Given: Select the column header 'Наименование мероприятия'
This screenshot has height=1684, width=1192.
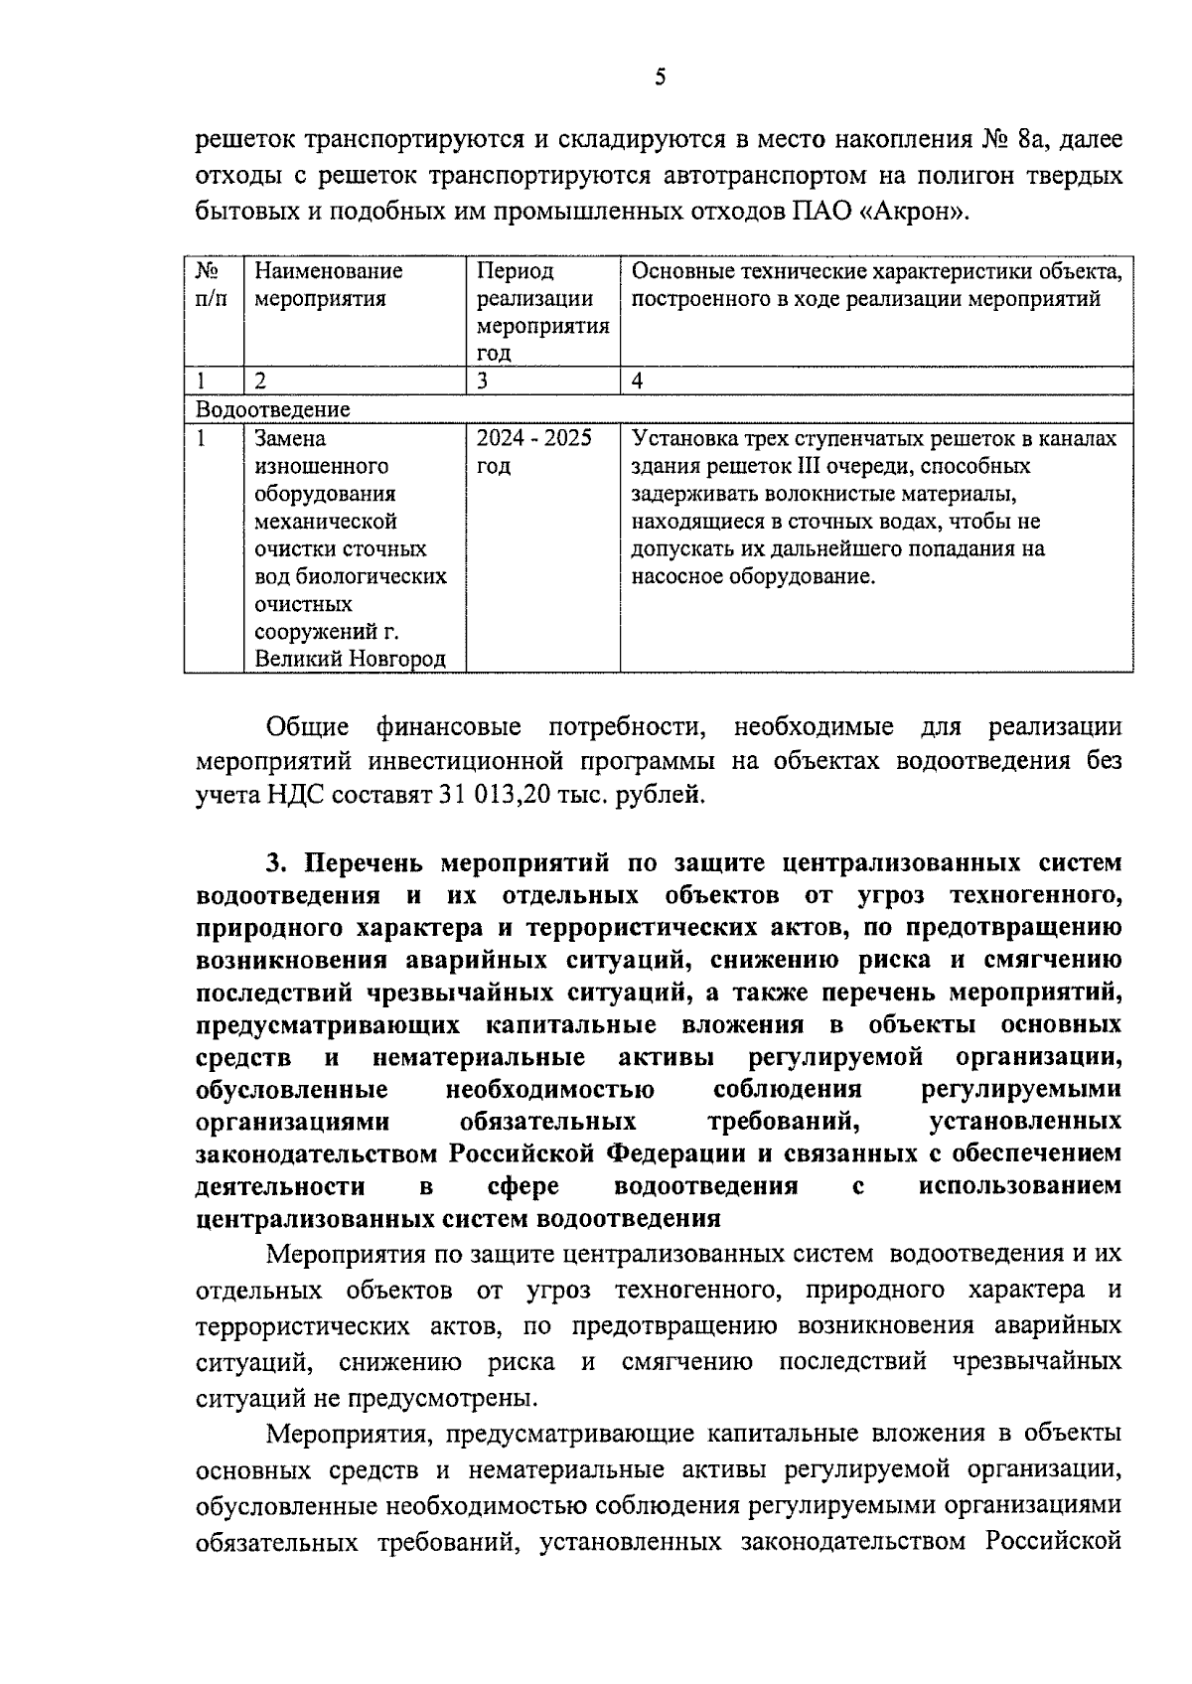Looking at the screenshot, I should pos(329,284).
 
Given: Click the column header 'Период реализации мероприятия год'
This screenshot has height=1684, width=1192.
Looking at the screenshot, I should pos(542,311).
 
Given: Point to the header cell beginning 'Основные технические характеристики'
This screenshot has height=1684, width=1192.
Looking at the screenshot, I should pos(877,284).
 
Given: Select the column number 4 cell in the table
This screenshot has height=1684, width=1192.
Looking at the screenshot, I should pos(638,381).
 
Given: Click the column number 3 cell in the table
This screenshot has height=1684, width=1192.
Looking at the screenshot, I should pos(482,381).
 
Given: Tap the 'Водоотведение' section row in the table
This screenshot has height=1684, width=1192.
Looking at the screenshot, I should pos(273,408).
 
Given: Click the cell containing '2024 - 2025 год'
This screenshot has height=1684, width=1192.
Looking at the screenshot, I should pos(533,452).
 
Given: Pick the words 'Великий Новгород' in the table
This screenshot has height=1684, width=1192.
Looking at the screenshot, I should pos(350,659).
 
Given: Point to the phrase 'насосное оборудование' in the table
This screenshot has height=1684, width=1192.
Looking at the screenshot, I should pos(753,576).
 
